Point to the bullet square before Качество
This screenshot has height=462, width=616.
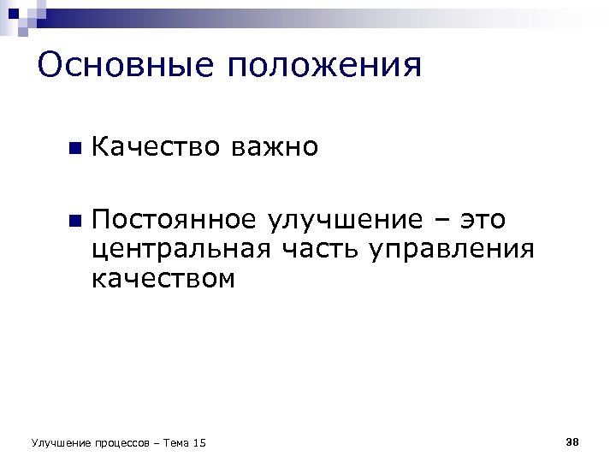pos(74,149)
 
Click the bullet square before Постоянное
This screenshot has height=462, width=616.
pos(74,222)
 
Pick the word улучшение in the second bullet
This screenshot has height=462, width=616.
pos(346,221)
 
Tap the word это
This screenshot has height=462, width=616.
pos(483,221)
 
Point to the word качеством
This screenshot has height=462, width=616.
pos(163,279)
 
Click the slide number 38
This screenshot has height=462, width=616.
pos(572,441)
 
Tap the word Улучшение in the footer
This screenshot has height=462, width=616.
pos(59,442)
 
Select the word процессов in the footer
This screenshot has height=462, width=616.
pos(120,443)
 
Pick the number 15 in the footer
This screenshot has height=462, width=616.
pos(200,442)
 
